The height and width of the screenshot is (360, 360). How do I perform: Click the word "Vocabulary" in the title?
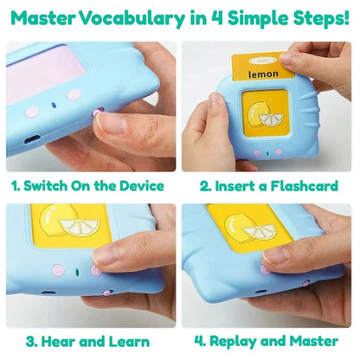click(132, 18)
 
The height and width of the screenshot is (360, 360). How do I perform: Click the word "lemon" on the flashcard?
click(263, 74)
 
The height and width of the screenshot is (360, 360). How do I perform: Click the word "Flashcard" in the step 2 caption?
click(304, 185)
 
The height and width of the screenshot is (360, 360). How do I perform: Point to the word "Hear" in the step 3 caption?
click(58, 342)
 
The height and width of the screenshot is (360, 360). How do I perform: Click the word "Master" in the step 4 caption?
click(314, 341)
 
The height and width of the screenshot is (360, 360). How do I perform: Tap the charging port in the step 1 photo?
click(32, 139)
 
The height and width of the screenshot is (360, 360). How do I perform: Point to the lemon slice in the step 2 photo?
click(271, 120)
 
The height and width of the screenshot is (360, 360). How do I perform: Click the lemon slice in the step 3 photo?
click(80, 227)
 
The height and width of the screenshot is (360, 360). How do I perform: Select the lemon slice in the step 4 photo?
click(259, 232)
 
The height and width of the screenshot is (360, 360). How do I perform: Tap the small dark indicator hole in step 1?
click(53, 106)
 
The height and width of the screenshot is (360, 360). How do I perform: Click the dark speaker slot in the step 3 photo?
click(77, 273)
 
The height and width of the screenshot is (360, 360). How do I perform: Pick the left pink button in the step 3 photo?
click(57, 271)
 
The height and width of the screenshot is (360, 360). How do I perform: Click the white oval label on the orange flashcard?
click(262, 61)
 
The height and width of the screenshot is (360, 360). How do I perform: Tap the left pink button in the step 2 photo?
click(256, 152)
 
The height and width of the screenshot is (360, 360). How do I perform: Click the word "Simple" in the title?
click(258, 19)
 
